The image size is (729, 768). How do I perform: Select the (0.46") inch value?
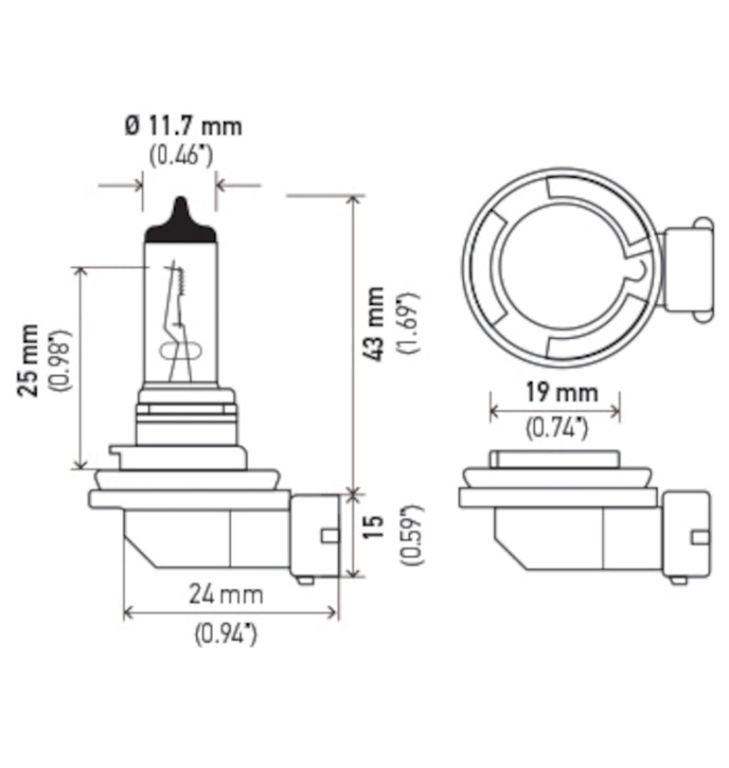(180, 155)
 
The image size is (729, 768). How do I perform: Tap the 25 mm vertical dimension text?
(30, 359)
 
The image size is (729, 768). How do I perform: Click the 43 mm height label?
(375, 324)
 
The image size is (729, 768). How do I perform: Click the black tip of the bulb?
(180, 220)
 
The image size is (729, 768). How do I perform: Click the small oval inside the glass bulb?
(177, 351)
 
